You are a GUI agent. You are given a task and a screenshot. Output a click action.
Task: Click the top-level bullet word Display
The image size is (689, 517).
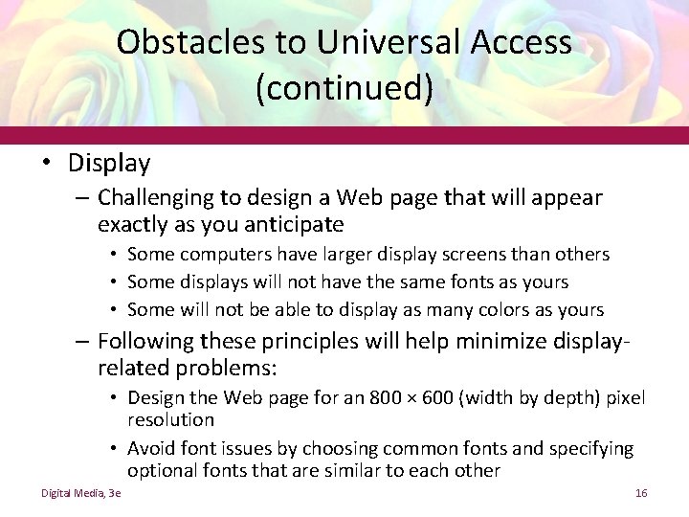pyautogui.click(x=109, y=164)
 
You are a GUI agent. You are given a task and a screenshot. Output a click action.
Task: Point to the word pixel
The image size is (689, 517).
pyautogui.click(x=625, y=397)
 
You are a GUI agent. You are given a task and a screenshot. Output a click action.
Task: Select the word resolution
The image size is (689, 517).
pyautogui.click(x=170, y=419)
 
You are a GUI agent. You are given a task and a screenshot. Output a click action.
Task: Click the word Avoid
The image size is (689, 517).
pyautogui.click(x=148, y=447)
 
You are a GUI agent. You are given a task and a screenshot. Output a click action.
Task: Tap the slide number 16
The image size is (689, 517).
pyautogui.click(x=641, y=493)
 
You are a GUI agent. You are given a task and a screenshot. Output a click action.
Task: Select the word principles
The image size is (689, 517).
pyautogui.click(x=298, y=342)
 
